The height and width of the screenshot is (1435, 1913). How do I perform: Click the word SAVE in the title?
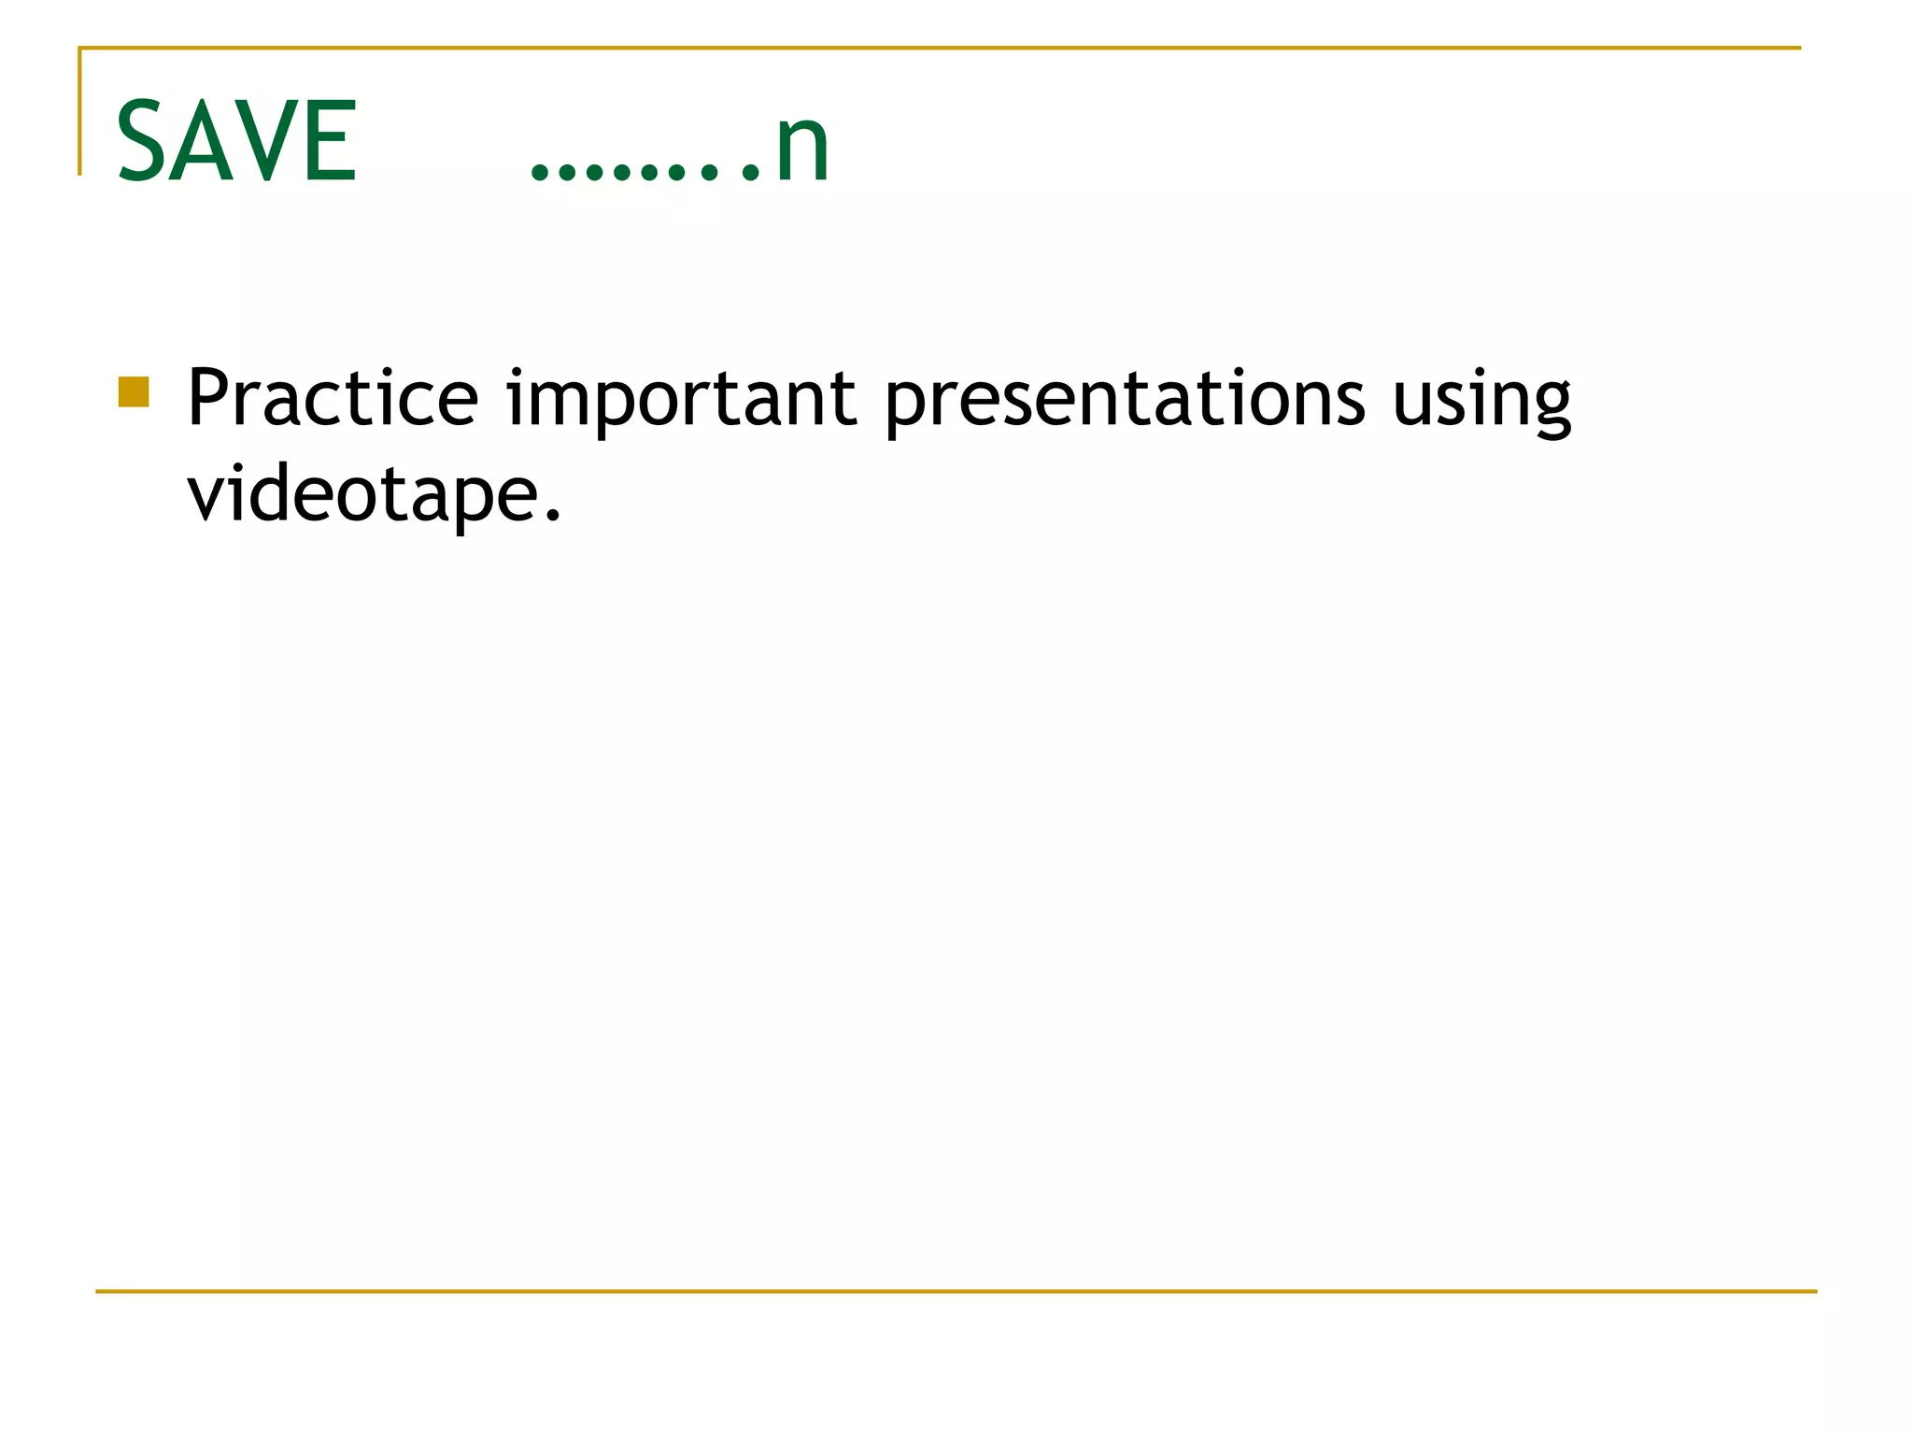236,142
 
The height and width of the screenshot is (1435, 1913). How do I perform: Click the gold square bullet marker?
134,392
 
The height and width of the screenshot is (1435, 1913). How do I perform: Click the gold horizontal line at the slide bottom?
956,1291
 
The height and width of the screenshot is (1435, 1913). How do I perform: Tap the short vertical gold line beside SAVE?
80,112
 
